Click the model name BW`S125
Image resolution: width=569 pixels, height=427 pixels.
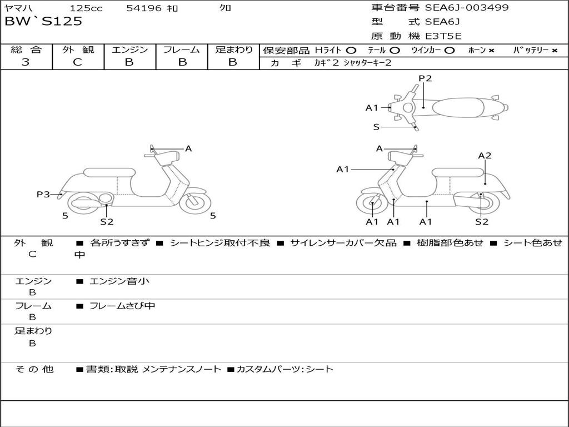(43, 22)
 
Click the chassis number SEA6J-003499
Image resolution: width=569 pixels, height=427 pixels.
(467, 8)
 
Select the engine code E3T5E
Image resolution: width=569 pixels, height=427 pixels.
(443, 36)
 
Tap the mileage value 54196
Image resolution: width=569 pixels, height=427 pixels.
(144, 8)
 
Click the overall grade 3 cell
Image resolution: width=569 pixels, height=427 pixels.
(26, 62)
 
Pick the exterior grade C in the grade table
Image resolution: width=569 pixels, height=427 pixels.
(77, 62)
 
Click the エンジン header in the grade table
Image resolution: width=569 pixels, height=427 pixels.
(129, 49)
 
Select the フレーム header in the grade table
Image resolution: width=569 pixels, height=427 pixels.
(181, 49)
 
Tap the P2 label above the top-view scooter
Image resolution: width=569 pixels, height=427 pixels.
(425, 78)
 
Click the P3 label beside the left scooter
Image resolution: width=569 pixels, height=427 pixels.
(43, 194)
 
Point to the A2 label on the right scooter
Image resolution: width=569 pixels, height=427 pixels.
(485, 156)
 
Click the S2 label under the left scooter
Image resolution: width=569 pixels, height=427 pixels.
(107, 222)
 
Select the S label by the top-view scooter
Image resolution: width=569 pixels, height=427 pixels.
(376, 127)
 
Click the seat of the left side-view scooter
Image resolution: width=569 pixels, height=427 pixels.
(109, 172)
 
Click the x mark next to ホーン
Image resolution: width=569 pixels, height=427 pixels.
(491, 50)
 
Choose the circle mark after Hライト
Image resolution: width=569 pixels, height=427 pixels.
(351, 50)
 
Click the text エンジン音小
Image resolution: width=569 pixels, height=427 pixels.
(119, 281)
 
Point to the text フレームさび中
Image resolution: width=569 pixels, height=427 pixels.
(122, 306)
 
